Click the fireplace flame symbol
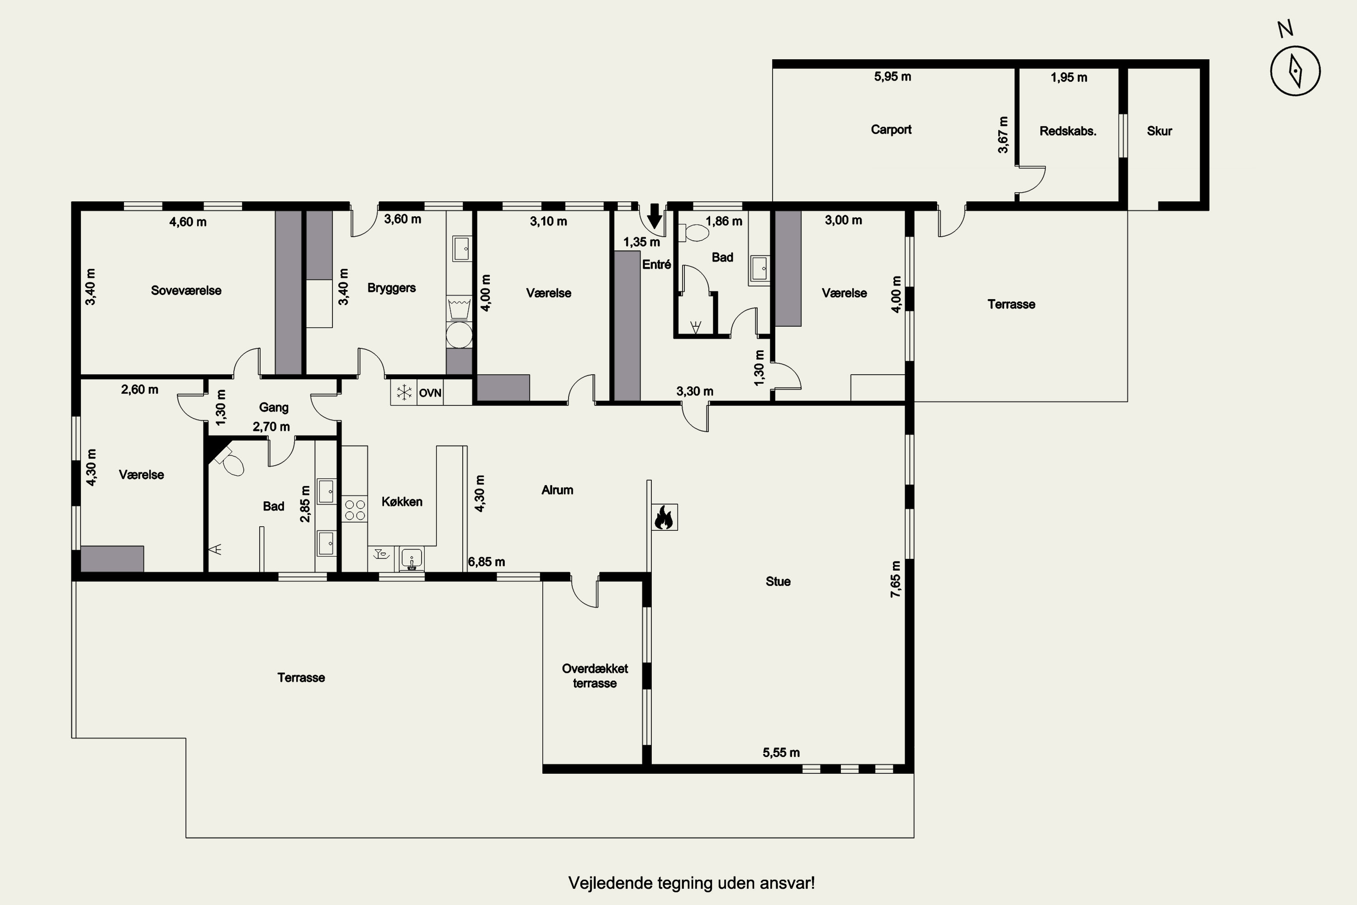pos(664,517)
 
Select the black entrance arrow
pos(654,216)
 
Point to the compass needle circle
pos(1295,71)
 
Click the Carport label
pos(891,129)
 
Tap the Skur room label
pos(1159,131)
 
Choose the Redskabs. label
pos(1068,131)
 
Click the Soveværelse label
pos(186,291)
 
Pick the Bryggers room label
pos(392,288)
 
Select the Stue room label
pos(778,581)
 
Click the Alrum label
pos(557,490)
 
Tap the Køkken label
pos(402,501)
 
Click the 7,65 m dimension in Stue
pos(896,578)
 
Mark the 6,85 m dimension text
pos(486,562)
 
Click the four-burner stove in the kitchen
pos(355,510)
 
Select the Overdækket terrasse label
pos(595,676)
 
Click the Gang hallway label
pos(274,408)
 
